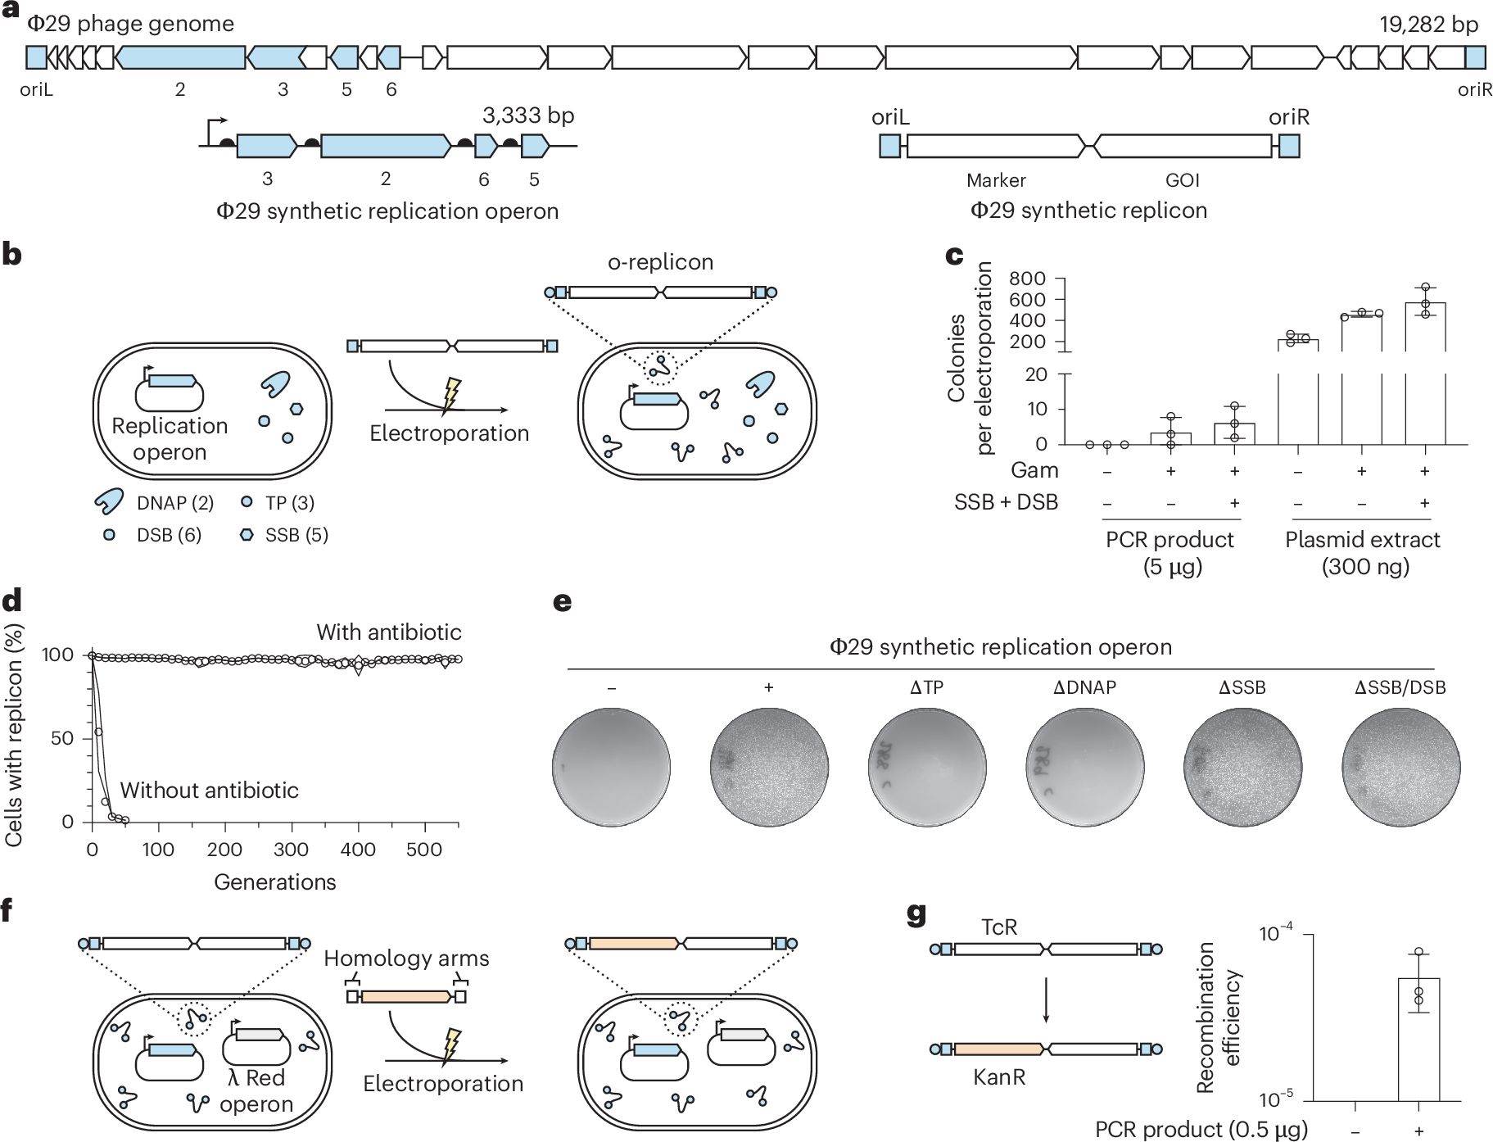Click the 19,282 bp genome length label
click(x=1428, y=25)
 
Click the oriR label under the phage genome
click(x=1474, y=90)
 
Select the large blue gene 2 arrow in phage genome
click(x=180, y=57)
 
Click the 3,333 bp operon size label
click(x=528, y=116)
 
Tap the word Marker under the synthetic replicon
click(x=996, y=180)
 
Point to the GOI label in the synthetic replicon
click(x=1182, y=180)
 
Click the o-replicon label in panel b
click(x=660, y=262)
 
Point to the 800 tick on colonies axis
click(x=1027, y=279)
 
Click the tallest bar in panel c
click(x=1425, y=328)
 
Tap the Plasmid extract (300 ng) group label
click(x=1363, y=553)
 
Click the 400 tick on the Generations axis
click(x=358, y=850)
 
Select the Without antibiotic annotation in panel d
click(x=210, y=791)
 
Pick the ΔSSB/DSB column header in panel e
click(x=1400, y=688)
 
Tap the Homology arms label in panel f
click(x=406, y=958)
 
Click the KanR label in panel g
click(x=999, y=1076)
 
